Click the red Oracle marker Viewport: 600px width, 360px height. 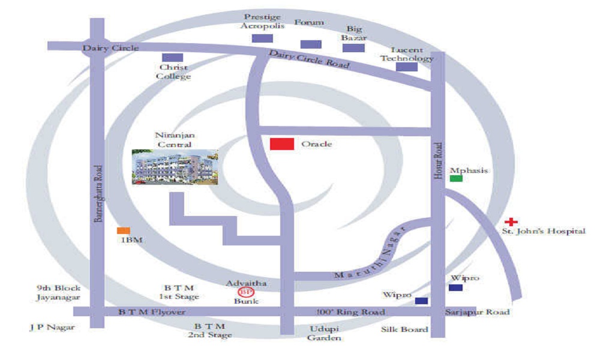click(282, 144)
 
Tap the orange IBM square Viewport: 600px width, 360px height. click(124, 230)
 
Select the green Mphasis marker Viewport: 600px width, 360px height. click(456, 178)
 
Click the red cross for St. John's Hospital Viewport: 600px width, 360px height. click(511, 221)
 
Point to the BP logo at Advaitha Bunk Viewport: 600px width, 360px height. click(245, 292)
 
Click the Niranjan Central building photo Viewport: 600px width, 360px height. click(175, 167)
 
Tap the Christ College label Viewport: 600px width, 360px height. click(173, 71)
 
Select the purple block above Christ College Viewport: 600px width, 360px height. click(173, 58)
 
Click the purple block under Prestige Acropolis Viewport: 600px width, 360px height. click(263, 38)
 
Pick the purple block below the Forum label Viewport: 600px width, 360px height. click(311, 44)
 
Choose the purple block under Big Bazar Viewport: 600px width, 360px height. click(353, 48)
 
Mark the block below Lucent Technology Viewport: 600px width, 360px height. click(407, 67)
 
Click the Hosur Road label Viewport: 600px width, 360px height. click(438, 161)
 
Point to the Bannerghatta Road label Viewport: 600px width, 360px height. click(98, 194)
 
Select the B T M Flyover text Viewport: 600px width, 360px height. click(152, 312)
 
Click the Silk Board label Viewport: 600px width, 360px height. click(404, 329)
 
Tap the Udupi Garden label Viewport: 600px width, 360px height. click(324, 333)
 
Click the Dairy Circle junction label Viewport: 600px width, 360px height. click(110, 48)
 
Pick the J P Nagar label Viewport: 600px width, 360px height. click(52, 328)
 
